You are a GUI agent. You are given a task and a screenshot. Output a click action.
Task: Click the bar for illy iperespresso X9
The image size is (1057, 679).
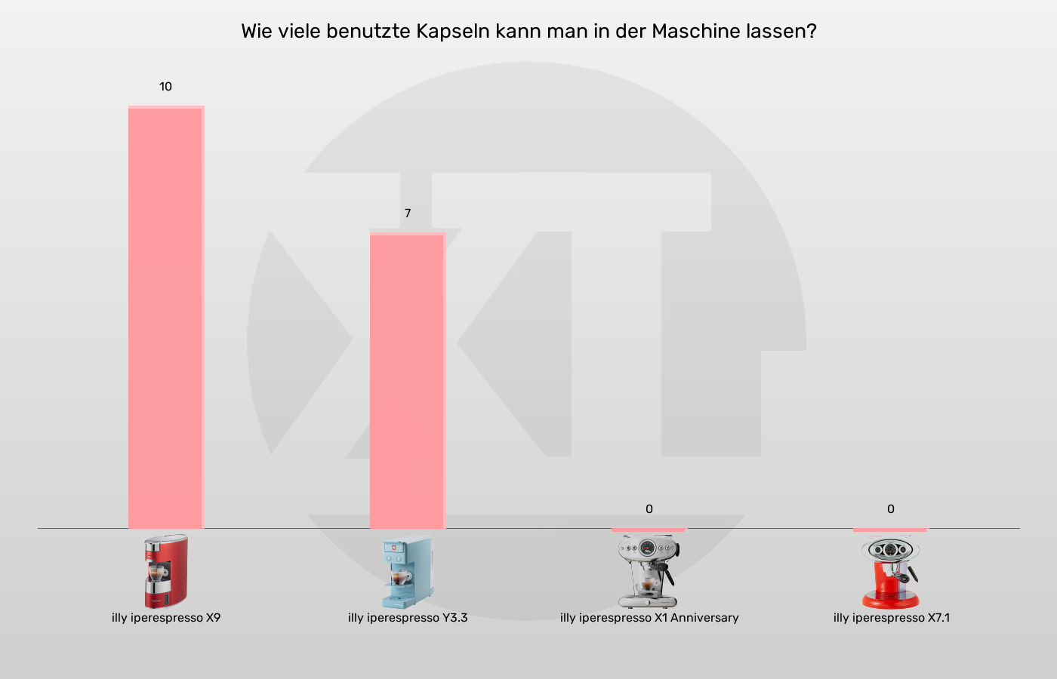point(166,317)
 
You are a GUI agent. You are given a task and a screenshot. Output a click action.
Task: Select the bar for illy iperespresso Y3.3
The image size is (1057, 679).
point(408,381)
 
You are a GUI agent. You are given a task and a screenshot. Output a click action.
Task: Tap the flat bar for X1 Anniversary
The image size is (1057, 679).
point(649,530)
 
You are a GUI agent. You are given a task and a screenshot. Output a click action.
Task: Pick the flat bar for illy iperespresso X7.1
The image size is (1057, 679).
point(890,530)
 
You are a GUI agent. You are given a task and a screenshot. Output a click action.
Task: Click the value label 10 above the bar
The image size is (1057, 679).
point(165,87)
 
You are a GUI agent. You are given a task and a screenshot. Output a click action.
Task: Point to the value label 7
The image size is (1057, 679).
point(408,214)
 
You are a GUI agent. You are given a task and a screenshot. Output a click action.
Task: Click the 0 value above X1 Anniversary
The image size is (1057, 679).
point(649,509)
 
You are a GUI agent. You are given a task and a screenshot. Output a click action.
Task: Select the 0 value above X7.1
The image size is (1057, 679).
point(891,509)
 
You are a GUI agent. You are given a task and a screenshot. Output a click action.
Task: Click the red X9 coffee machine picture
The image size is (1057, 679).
point(166,571)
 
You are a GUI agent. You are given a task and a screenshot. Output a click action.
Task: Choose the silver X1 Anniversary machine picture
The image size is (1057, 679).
point(647,571)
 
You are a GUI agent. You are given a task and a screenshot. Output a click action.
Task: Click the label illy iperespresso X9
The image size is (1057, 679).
point(166,618)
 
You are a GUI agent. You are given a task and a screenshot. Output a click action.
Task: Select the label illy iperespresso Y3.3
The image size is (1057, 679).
point(408,618)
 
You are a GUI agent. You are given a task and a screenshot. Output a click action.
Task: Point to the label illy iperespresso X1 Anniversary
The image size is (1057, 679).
point(649,618)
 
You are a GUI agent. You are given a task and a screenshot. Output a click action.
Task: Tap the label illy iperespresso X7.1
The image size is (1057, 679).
point(892,618)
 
